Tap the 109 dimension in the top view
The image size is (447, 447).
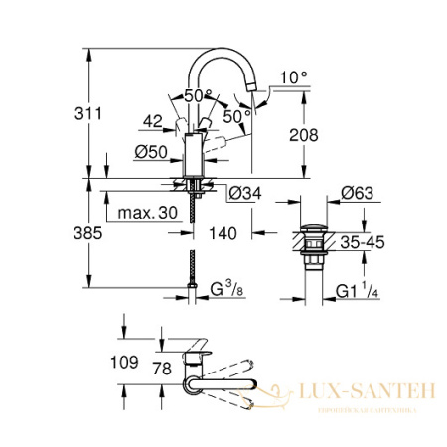[123, 365]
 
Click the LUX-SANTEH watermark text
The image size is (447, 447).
[368, 395]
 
